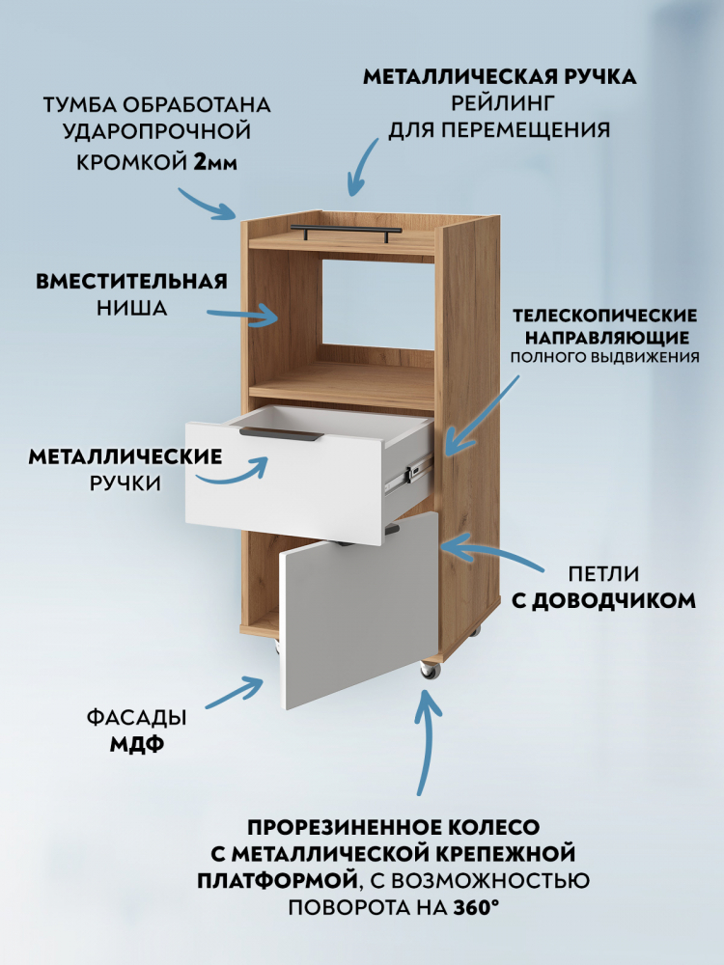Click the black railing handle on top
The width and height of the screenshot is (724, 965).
tap(346, 231)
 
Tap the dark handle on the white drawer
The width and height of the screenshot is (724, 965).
tap(281, 433)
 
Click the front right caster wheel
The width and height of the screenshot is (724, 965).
tap(429, 670)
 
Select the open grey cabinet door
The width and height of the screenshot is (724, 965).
tap(358, 610)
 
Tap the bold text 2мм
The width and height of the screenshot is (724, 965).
tap(215, 162)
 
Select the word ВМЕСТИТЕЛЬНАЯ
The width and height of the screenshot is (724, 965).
tap(131, 281)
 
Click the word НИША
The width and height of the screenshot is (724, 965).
tap(131, 308)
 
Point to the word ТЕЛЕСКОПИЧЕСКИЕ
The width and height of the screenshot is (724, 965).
tap(605, 316)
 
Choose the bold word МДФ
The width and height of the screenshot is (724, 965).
tap(137, 745)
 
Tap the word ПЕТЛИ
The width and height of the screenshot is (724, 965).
tap(603, 574)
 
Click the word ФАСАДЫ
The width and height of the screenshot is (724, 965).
tap(137, 718)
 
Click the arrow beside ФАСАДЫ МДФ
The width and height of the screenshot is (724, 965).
tap(236, 692)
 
